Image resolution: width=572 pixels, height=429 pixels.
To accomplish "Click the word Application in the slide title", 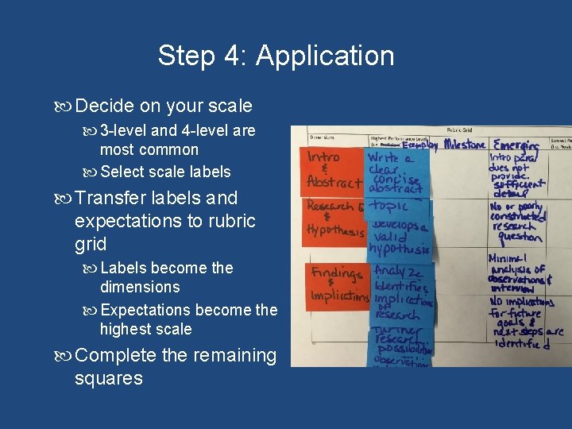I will tap(325, 56).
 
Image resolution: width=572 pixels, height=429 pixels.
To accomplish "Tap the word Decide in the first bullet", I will tap(109, 106).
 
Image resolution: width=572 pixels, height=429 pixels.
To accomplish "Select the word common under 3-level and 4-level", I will tap(168, 149).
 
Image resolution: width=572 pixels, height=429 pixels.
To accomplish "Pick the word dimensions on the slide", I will tap(140, 287).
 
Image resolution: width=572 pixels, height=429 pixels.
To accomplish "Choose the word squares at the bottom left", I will tap(108, 378).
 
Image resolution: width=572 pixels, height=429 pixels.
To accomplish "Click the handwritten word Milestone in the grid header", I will tap(466, 144).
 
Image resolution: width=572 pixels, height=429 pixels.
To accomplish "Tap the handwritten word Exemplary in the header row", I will tap(420, 146).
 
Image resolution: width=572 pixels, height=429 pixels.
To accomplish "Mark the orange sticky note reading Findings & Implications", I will tap(336, 285).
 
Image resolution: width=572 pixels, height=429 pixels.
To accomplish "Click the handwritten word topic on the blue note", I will tap(388, 206).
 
